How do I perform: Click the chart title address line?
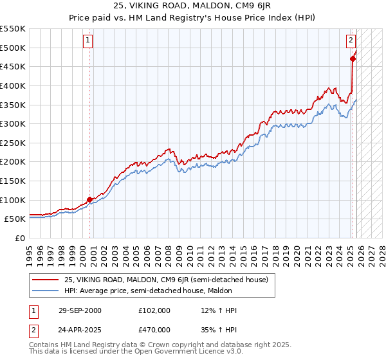pos(193,5)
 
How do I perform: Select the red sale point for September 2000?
pos(90,199)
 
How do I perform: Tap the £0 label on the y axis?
pos(19,238)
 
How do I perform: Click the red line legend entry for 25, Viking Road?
pos(161,279)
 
